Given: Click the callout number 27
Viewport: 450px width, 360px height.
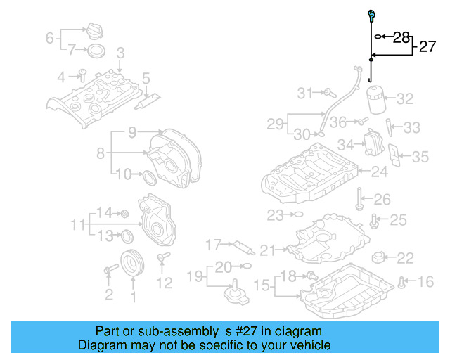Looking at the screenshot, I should (x=428, y=47).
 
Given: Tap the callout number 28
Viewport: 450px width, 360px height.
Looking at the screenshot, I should (x=401, y=37).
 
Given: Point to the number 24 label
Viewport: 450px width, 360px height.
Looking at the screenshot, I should (x=379, y=171).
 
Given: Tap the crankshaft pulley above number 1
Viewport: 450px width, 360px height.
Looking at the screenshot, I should (x=131, y=264).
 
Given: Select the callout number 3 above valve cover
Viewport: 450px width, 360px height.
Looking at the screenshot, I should (x=120, y=53).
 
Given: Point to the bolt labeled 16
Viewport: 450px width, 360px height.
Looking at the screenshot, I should (x=401, y=282).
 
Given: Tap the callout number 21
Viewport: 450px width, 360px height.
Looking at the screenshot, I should (x=268, y=250).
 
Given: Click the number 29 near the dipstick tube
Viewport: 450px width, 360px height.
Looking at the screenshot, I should (x=276, y=124).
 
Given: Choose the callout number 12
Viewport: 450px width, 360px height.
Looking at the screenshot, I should (x=164, y=283).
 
